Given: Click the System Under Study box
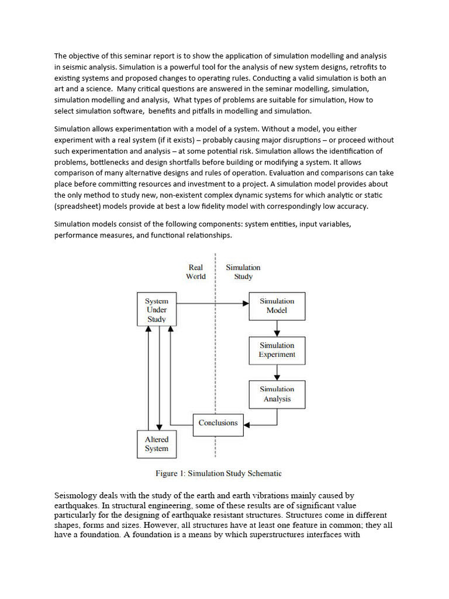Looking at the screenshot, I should click(x=157, y=310).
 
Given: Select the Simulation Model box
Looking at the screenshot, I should click(x=277, y=306).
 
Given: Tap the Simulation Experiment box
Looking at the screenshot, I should click(x=277, y=350).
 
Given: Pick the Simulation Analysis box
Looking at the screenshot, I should click(x=277, y=394).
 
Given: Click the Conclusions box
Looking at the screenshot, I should click(x=217, y=423).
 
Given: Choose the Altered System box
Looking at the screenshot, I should click(x=157, y=444).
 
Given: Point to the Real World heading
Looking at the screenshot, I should click(x=196, y=272).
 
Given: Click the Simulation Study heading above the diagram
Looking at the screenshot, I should click(x=243, y=272).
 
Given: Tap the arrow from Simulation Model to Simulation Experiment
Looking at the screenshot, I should click(x=277, y=328).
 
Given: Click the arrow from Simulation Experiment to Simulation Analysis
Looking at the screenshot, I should click(x=277, y=373).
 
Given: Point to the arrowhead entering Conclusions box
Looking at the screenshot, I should click(x=246, y=423).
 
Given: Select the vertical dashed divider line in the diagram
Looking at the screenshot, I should click(x=216, y=363).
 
